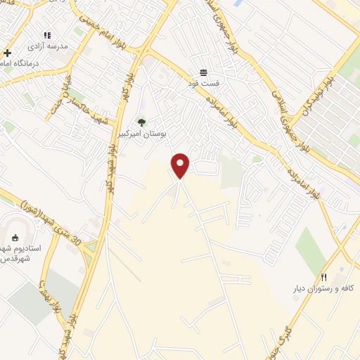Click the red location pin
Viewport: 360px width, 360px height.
[181, 165]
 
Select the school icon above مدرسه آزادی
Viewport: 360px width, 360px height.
[48, 34]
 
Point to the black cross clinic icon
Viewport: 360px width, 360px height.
[7, 53]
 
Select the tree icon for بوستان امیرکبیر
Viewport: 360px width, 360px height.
[141, 122]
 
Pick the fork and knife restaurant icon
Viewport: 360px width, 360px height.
[323, 276]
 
